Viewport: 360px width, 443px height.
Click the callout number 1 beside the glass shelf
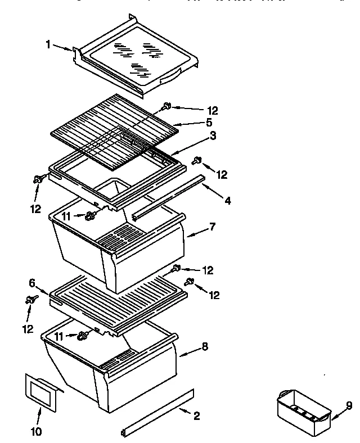(x=48, y=43)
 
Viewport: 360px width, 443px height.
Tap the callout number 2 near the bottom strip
(x=196, y=416)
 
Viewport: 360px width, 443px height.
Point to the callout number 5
(x=193, y=122)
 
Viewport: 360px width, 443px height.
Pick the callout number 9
(x=348, y=405)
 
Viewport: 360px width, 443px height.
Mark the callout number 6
(x=32, y=283)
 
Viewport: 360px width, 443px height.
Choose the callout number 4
(x=227, y=200)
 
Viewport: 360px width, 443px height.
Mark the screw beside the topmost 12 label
(x=167, y=105)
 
